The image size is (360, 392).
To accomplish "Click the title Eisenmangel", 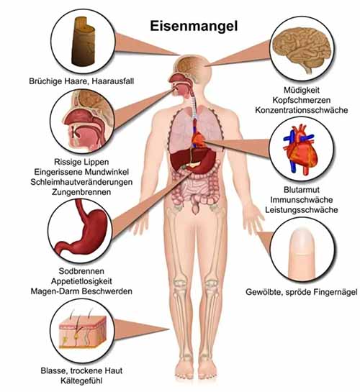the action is point(194,26).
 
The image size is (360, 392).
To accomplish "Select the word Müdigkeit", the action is point(302,90).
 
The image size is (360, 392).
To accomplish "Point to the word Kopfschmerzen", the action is point(301,100).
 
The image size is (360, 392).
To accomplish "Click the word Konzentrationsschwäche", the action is point(301,110).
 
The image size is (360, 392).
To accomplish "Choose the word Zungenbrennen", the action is point(81,192).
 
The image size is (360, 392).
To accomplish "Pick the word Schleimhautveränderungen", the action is point(81,182).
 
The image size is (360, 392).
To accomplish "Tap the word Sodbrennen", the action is point(81,271).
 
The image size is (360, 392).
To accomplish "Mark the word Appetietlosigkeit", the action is point(81,281).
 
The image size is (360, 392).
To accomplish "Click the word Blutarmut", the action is point(302,190).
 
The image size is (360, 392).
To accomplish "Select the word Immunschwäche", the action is point(302,200).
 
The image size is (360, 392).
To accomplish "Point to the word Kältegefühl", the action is point(81,380).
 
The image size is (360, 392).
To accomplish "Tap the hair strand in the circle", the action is point(83,41).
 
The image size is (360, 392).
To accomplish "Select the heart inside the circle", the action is point(301,150).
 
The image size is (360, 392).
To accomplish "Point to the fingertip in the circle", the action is point(301,254).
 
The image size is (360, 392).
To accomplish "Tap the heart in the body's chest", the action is point(199,140).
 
